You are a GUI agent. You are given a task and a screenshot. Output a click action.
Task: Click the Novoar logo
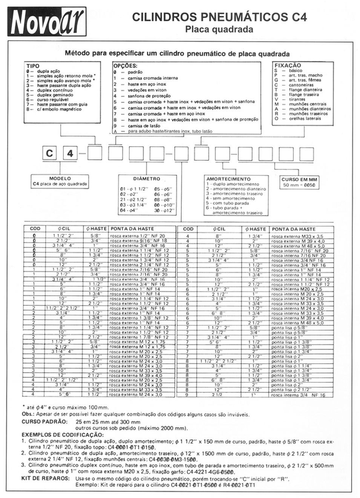click(47, 21)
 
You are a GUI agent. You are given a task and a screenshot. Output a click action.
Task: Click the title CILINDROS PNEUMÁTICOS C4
click(219, 17)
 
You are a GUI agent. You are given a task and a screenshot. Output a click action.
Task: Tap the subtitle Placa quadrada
click(219, 29)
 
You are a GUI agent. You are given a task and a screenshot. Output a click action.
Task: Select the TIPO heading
click(33, 66)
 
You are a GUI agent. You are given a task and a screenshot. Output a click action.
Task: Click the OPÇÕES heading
click(125, 66)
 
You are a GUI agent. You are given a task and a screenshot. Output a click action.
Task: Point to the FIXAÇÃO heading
click(288, 65)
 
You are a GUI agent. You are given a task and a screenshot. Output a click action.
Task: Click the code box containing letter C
click(49, 154)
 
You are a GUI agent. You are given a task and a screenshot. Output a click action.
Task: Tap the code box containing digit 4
click(70, 154)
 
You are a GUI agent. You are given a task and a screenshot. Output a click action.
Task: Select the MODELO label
click(60, 178)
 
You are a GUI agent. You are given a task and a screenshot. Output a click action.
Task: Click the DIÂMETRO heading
click(147, 179)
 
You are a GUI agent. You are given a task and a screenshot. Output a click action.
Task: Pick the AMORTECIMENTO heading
click(228, 179)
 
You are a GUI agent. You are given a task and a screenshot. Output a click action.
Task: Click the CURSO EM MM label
click(299, 179)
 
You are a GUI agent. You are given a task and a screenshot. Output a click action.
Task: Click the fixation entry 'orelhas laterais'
click(305, 118)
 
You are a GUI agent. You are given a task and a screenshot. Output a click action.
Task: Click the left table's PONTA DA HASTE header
click(132, 228)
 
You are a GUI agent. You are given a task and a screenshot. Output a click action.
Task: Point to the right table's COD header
click(188, 228)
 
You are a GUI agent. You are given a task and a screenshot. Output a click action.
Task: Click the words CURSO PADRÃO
click(44, 422)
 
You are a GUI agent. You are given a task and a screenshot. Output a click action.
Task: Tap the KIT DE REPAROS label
click(46, 478)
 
